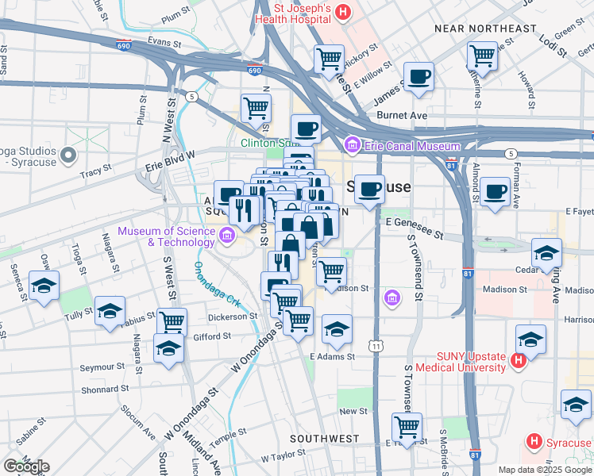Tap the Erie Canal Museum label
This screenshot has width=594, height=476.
[x=411, y=146]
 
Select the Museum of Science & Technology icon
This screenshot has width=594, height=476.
[x=227, y=235]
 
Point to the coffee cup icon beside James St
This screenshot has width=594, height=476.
[x=418, y=77]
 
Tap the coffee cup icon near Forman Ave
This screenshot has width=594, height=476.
[x=496, y=190]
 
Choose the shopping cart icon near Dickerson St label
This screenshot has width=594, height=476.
[x=172, y=321]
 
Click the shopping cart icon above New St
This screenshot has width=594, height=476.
[x=407, y=426]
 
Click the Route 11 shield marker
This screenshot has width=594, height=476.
[x=375, y=346]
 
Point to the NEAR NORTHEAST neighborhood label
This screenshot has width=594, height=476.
[x=486, y=29]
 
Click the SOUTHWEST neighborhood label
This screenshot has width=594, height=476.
[x=325, y=438]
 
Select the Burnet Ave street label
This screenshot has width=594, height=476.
[x=402, y=115]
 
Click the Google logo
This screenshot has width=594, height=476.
[x=26, y=466]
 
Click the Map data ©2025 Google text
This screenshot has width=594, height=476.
[x=545, y=470]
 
